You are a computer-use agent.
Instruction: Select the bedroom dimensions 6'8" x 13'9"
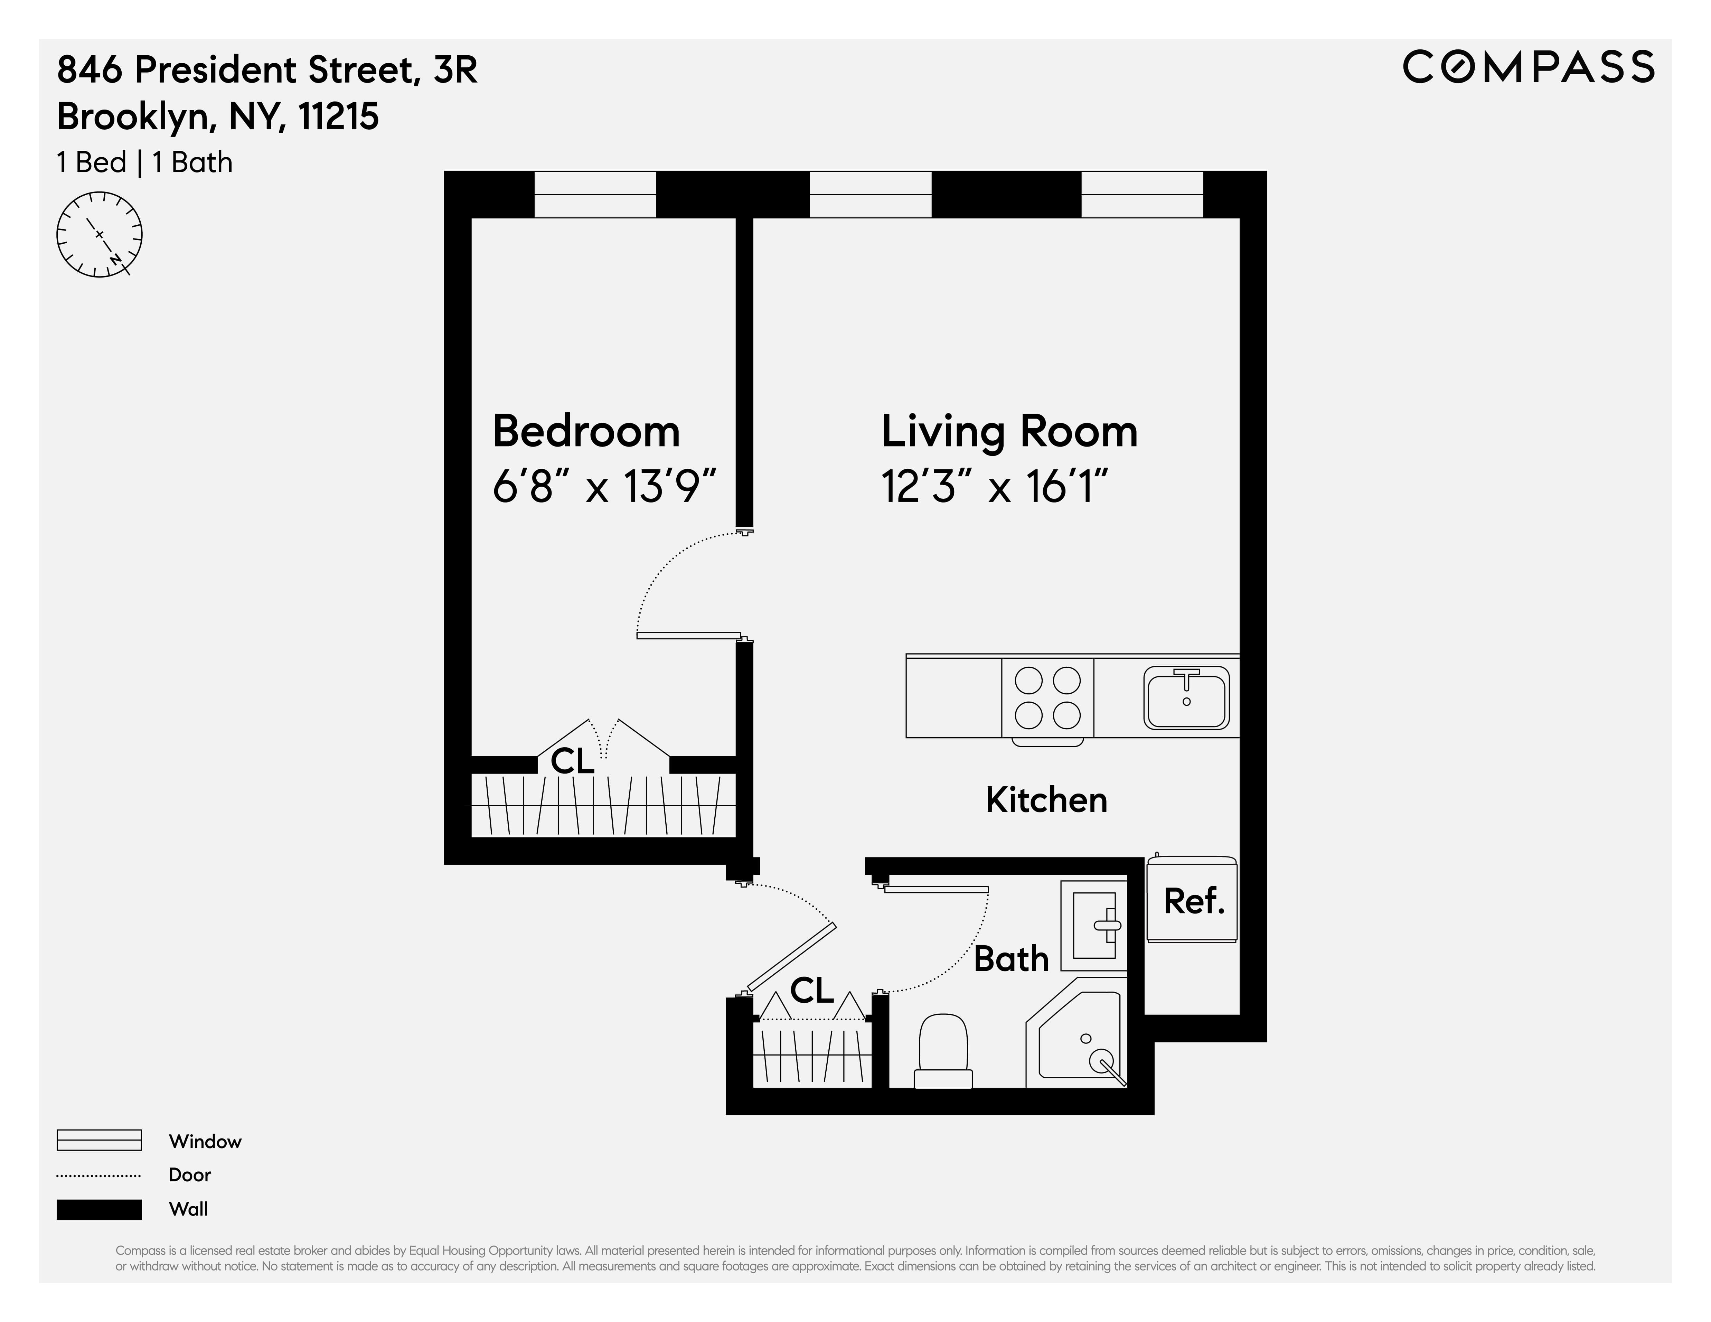pos(604,487)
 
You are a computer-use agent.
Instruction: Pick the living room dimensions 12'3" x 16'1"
pos(995,487)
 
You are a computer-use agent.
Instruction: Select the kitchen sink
pos(1186,697)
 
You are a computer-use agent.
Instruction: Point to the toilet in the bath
pos(943,1050)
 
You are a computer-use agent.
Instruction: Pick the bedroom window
pos(595,194)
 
